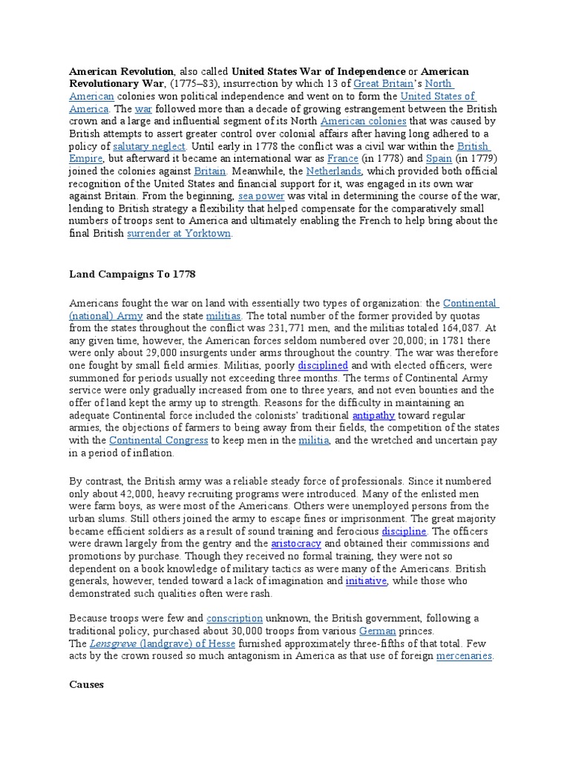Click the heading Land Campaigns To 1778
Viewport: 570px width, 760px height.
click(132, 275)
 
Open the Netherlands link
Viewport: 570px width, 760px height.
click(334, 171)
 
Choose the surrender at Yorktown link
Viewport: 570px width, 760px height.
click(180, 234)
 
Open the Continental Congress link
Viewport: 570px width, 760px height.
click(169, 440)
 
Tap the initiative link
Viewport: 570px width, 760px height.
click(366, 581)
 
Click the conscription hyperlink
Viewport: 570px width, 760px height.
click(235, 618)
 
